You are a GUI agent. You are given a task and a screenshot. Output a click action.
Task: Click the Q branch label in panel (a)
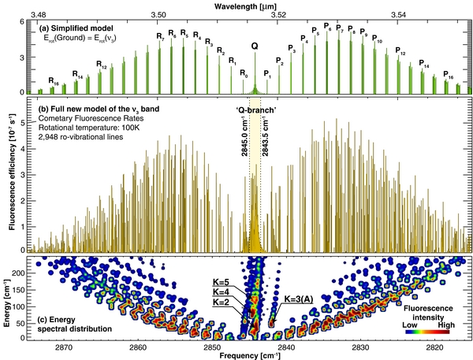(254, 46)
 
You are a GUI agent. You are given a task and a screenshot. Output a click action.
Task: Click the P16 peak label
(448, 76)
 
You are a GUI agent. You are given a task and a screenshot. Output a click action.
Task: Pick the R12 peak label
(101, 64)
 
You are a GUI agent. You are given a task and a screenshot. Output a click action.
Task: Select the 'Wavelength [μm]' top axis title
(251, 6)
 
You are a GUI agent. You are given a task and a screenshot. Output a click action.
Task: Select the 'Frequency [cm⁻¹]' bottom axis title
(251, 355)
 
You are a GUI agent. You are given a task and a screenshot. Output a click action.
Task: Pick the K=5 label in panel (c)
(221, 281)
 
